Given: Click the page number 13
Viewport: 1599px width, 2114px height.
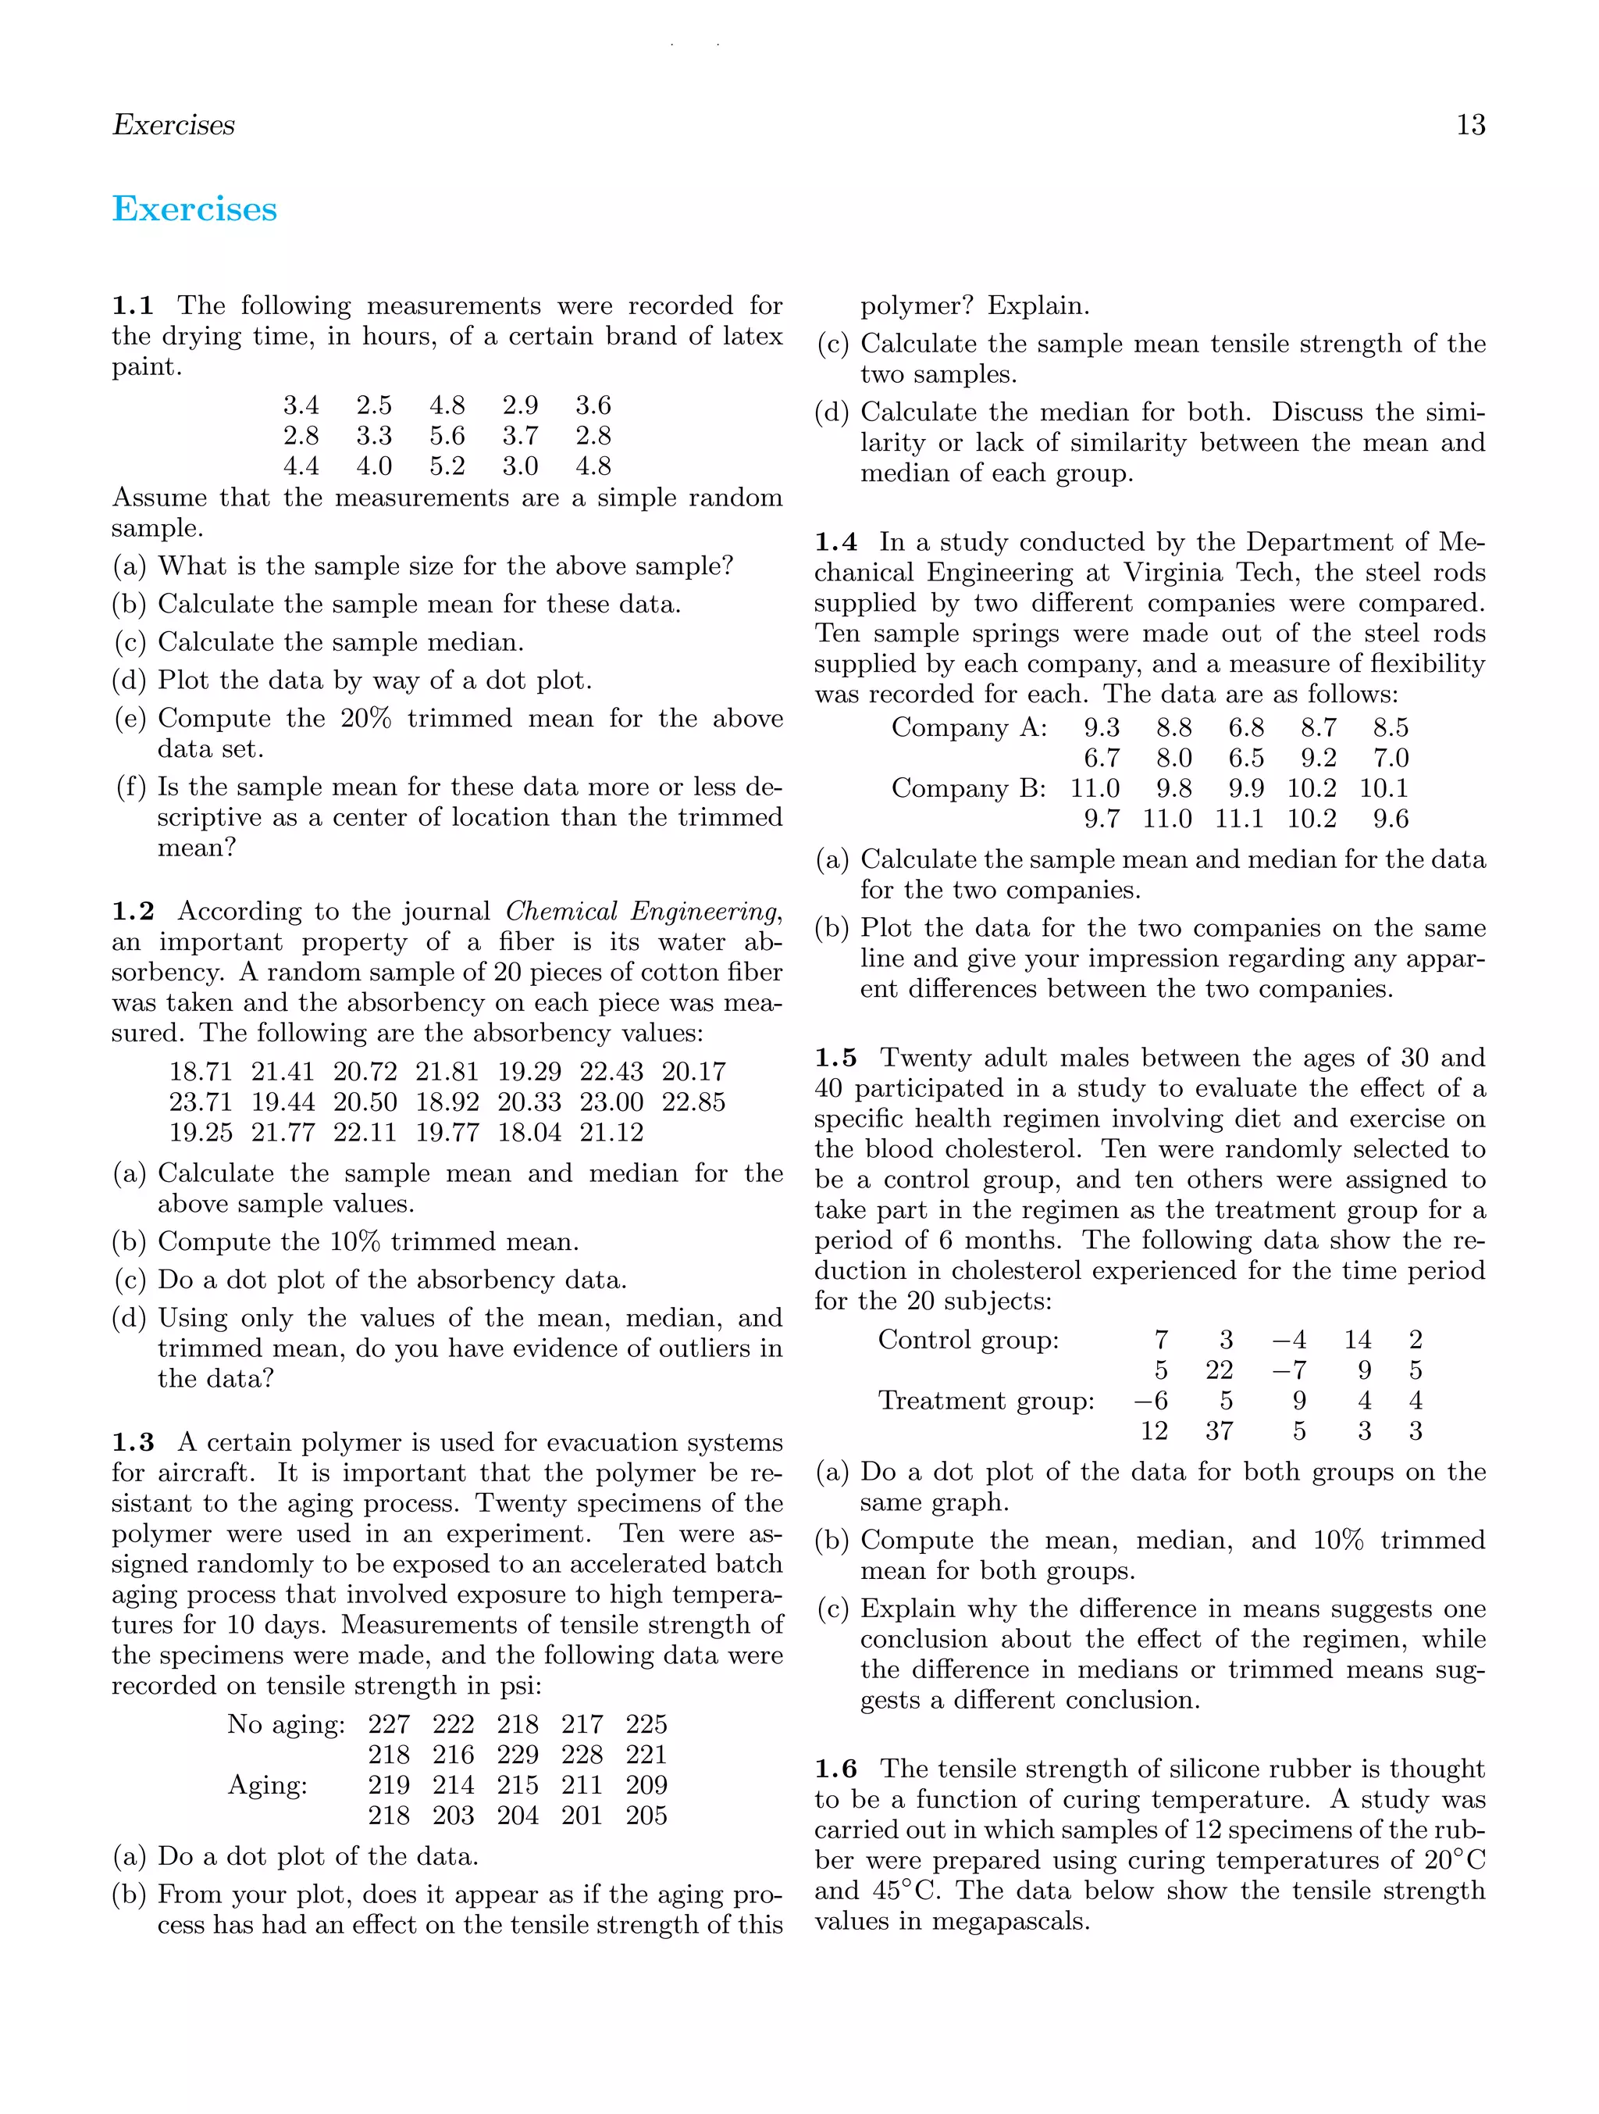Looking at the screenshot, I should [1470, 125].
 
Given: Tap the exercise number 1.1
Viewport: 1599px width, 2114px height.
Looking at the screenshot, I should [133, 305].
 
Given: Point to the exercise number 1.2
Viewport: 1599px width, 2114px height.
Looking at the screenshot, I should [133, 911].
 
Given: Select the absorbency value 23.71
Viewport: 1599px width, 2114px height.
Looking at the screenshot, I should [201, 1102].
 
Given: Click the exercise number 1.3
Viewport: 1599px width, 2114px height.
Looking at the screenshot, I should [133, 1442].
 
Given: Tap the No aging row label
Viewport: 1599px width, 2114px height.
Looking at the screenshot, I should [286, 1724].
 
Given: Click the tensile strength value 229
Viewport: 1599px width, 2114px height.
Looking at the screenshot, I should [518, 1755].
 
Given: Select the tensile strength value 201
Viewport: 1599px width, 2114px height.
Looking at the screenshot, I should [582, 1816].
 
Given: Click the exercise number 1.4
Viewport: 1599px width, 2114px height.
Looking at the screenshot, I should [835, 542].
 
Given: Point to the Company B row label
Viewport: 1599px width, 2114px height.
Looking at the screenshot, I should [967, 788].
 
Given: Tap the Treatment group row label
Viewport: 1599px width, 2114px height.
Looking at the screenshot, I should [986, 1401].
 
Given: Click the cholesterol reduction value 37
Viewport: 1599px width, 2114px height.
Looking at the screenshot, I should [1219, 1432].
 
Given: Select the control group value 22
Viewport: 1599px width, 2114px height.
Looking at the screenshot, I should [1219, 1370].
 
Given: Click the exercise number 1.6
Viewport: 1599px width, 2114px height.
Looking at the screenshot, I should [835, 1769].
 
